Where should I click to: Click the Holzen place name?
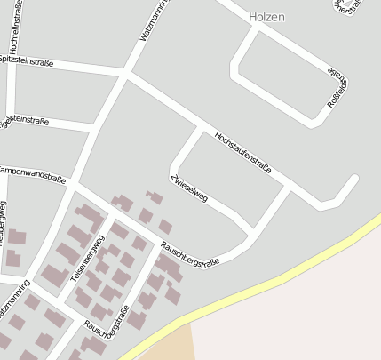point(266,17)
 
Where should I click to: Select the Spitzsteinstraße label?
point(26,61)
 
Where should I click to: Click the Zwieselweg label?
point(188,186)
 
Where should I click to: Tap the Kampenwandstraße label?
point(32,173)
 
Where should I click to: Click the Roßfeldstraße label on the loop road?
point(338,85)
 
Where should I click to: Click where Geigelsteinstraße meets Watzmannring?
point(94,130)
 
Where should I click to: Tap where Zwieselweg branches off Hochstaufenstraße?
point(201,130)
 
